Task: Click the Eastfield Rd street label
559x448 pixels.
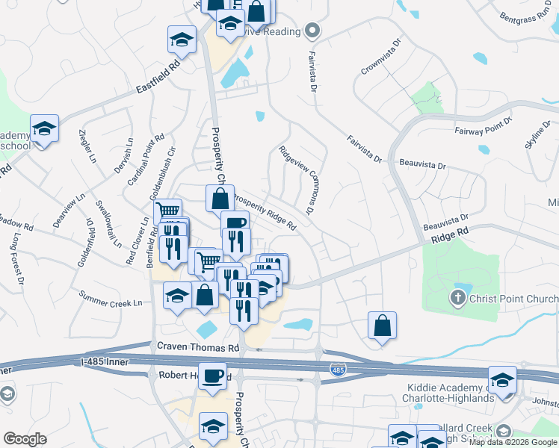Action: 159,77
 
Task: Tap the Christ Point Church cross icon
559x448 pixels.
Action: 457,299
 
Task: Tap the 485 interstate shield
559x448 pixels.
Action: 337,369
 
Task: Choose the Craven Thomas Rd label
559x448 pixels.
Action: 197,347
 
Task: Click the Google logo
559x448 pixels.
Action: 25,439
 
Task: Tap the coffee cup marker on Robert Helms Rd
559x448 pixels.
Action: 213,375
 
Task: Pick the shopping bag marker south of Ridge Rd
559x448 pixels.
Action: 382,326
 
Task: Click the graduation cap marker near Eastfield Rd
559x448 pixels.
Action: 182,40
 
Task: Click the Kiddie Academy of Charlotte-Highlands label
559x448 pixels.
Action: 451,393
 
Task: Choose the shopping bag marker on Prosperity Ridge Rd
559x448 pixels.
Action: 220,200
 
